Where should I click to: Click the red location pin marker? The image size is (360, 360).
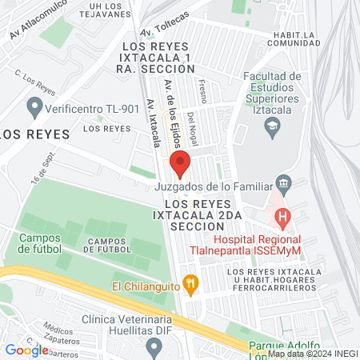point(180,163)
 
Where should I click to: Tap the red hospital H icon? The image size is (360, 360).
point(282,216)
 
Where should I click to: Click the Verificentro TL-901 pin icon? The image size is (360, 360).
point(34,105)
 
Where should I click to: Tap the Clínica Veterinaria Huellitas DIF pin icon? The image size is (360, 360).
point(154,346)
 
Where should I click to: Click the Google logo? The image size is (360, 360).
point(26,350)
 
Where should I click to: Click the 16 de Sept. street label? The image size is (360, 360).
point(41,167)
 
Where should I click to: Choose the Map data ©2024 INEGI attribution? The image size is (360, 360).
point(313,353)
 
